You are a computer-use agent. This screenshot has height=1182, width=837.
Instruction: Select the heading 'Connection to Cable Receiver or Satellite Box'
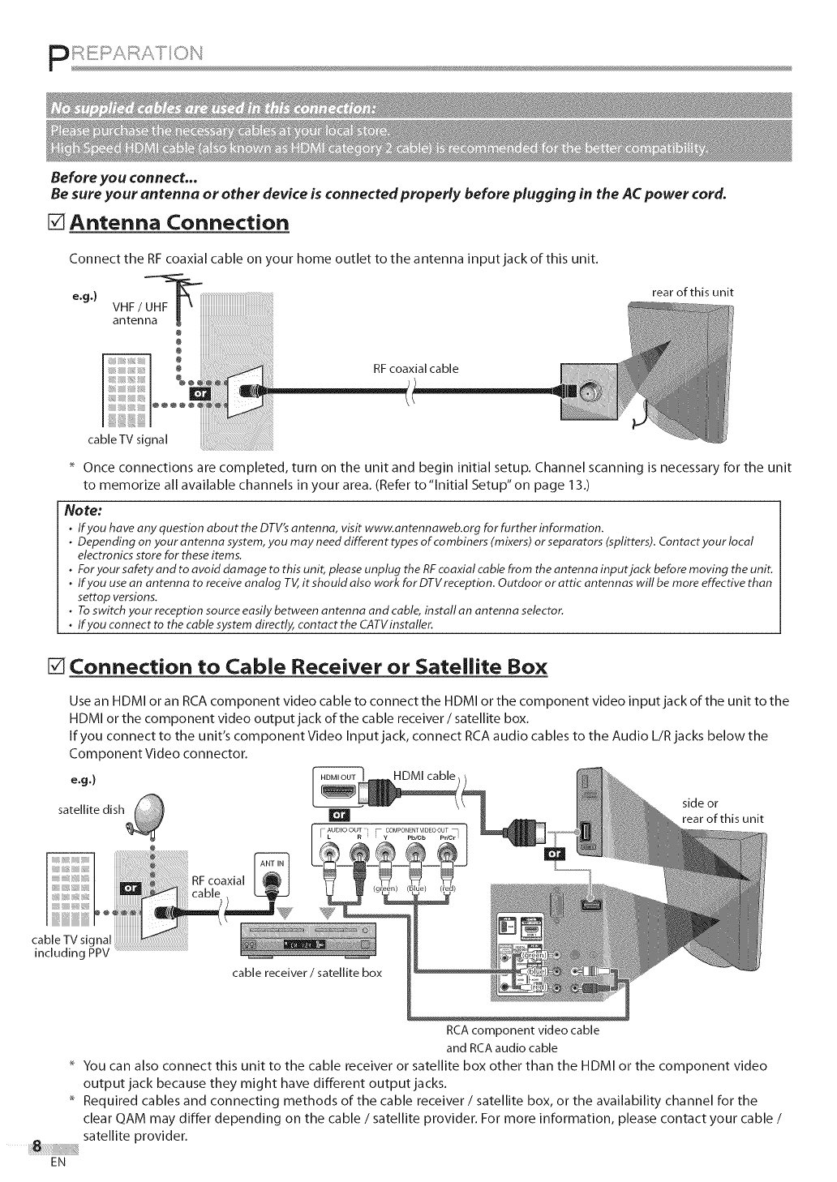[309, 668]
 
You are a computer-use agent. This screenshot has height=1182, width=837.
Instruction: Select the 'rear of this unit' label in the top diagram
[692, 293]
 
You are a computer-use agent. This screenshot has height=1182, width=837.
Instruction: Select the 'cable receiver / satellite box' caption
[307, 972]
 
